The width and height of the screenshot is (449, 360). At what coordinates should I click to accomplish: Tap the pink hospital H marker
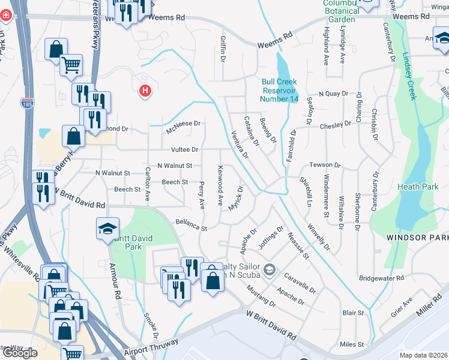point(145,91)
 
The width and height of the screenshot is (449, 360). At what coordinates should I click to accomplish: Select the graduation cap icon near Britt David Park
point(107,228)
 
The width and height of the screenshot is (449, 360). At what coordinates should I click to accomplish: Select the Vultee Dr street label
point(184,149)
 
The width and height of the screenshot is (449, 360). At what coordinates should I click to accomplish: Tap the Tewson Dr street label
point(325,164)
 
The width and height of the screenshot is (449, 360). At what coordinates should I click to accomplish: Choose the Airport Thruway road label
point(152,347)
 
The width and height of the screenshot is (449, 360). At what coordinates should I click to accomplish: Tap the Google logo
point(20,353)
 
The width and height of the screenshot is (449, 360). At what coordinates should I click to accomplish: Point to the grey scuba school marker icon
point(269,268)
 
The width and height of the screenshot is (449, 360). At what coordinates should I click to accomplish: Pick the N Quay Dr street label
point(333,94)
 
